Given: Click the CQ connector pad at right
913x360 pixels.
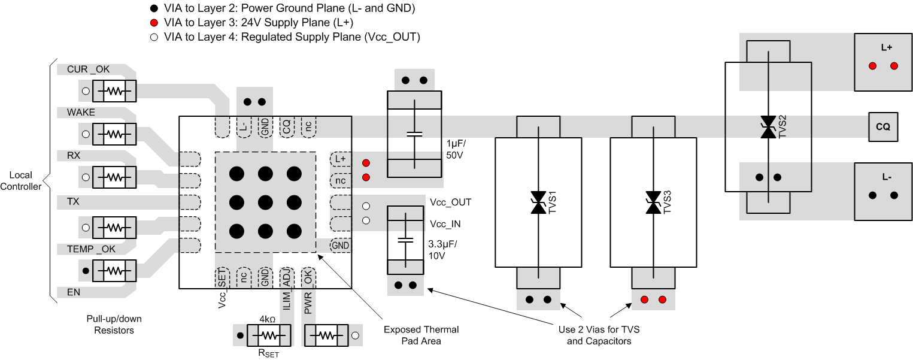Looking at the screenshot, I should pos(882,127).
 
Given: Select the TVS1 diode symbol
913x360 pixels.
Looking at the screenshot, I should pos(538,202).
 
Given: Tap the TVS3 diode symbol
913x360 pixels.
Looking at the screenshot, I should pos(653,202).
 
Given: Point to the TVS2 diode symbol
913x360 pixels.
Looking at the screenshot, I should pos(768,128).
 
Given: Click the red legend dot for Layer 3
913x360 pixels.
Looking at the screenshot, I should pos(154,23).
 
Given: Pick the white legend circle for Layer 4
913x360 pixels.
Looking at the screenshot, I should pos(154,37).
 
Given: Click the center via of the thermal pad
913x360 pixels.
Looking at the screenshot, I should pos(265,202).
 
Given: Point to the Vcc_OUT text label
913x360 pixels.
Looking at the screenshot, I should pos(450,202).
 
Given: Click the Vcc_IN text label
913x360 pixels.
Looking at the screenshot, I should pos(444,223).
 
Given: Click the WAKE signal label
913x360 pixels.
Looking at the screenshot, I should pos(81,112).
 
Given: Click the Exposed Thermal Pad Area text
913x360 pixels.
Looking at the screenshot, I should pos(421,335).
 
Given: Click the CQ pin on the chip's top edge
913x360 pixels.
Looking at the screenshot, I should pos(286,126).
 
